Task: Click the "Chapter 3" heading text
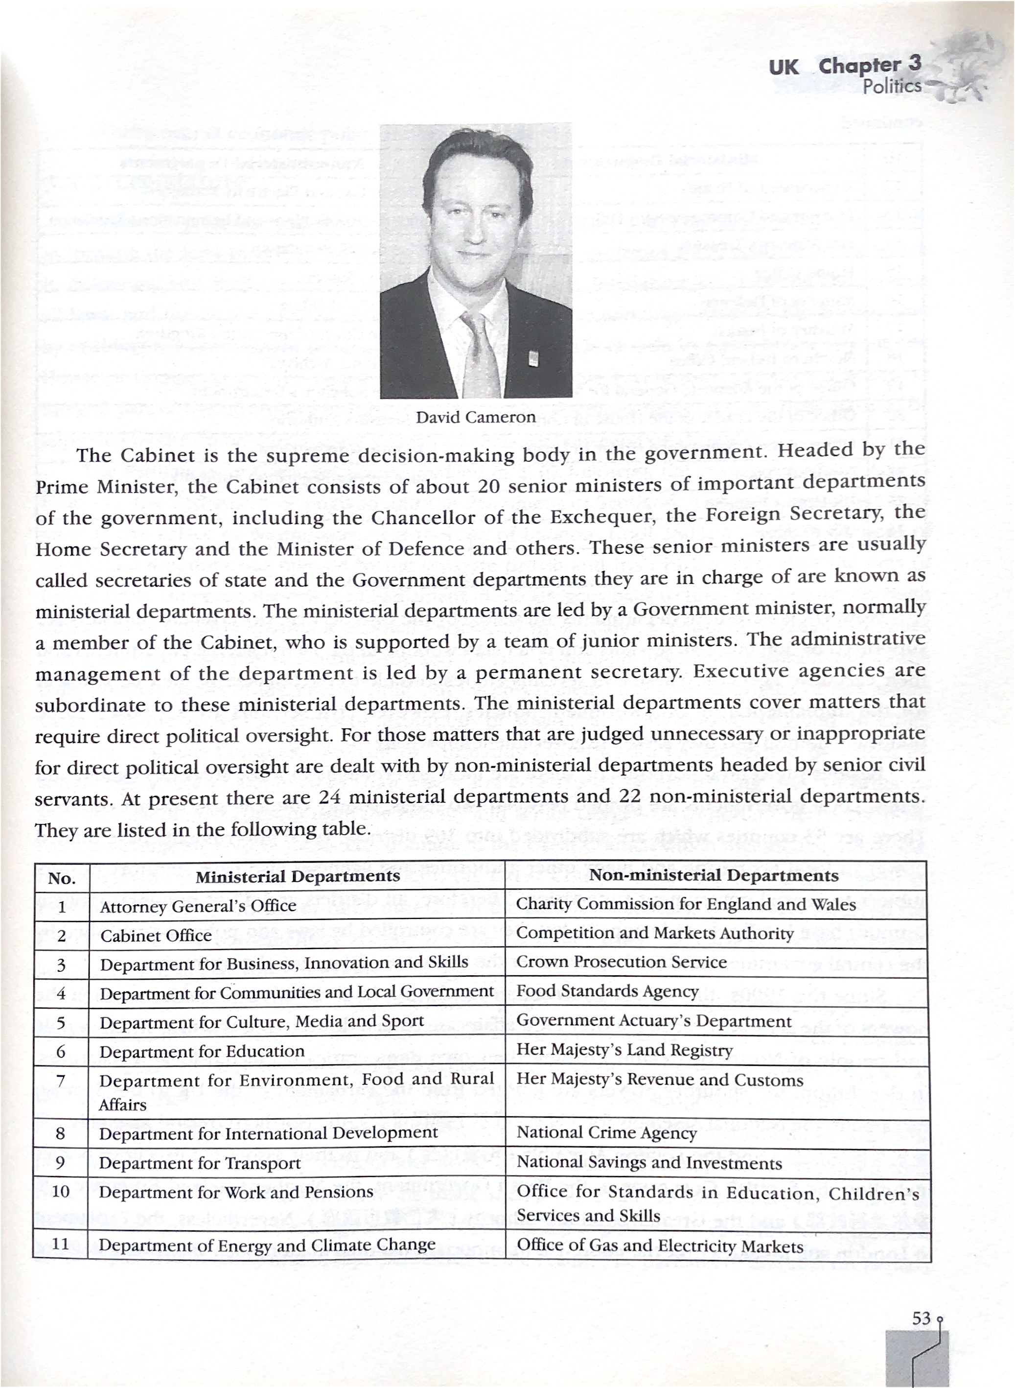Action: [869, 65]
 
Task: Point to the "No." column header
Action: [62, 878]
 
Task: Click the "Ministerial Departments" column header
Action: [298, 876]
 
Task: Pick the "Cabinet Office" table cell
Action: [156, 936]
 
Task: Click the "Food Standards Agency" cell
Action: [607, 991]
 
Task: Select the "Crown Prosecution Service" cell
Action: [621, 962]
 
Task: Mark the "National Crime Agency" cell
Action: [606, 1133]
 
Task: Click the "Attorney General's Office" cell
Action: [198, 906]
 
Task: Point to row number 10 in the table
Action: [60, 1191]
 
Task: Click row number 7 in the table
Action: [60, 1080]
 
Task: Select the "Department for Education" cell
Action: [202, 1051]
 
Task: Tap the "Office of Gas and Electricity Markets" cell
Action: [660, 1246]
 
